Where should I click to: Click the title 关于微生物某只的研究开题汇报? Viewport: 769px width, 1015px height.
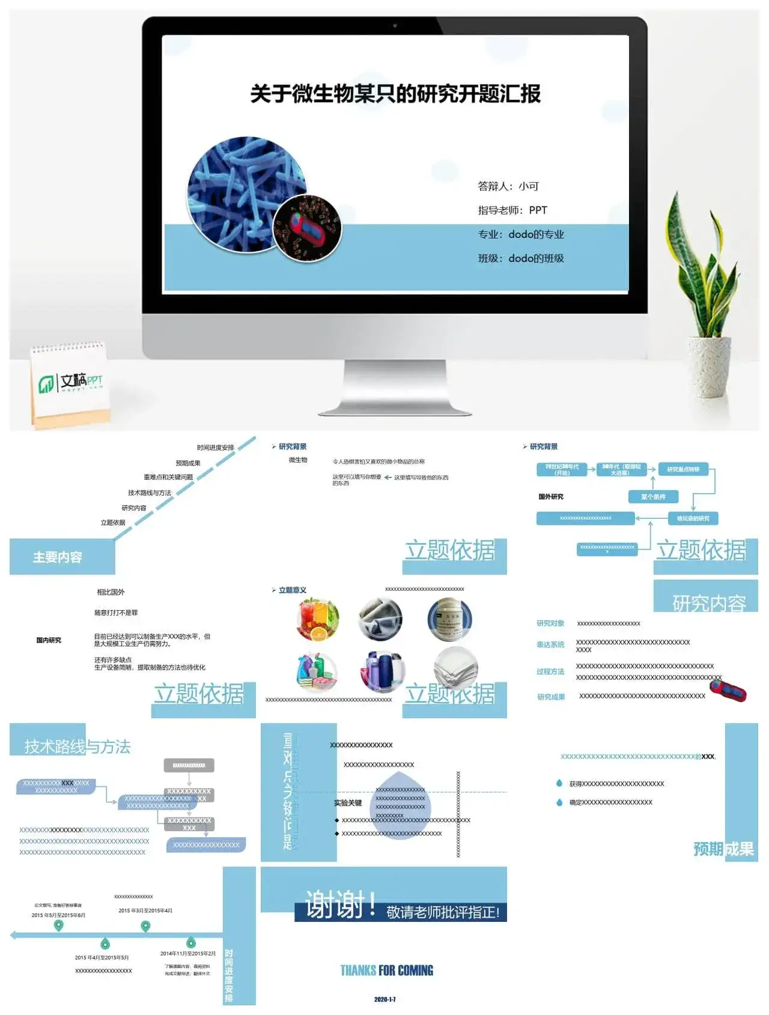[395, 94]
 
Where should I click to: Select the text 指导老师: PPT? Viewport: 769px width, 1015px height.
[512, 210]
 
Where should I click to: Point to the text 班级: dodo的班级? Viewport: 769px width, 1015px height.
[520, 258]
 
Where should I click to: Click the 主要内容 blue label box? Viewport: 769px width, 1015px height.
[58, 557]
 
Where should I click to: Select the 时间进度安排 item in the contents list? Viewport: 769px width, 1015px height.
[215, 447]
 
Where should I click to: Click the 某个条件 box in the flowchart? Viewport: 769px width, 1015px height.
[653, 497]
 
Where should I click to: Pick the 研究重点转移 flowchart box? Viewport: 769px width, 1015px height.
[683, 469]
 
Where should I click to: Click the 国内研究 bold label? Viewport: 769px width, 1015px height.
[49, 640]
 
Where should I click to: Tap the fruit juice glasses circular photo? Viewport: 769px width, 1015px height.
[318, 619]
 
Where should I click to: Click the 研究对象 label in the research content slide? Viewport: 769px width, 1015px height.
[550, 623]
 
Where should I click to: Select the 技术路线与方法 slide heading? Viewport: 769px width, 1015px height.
[77, 747]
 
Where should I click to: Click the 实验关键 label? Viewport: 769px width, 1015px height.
[348, 803]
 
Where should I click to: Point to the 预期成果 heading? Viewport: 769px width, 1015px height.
[723, 849]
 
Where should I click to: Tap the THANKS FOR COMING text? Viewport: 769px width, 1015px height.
[386, 971]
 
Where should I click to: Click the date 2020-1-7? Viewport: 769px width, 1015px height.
[384, 999]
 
